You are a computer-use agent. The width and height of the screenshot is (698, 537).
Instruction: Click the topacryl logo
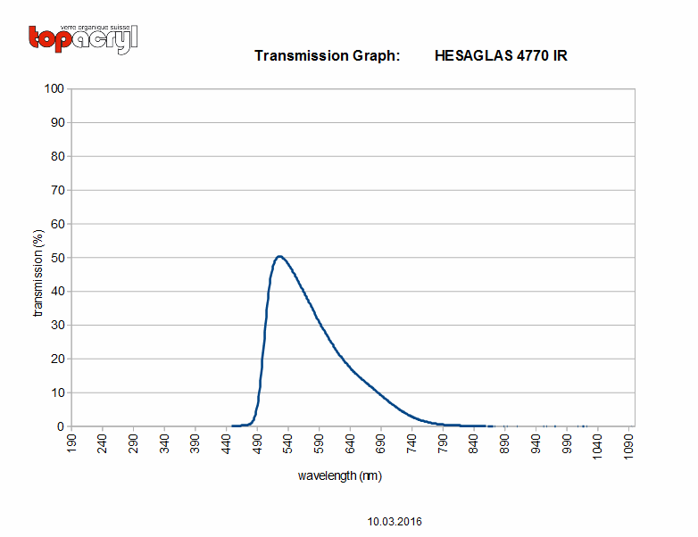point(83,39)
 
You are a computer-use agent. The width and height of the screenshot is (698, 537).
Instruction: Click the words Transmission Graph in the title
point(328,56)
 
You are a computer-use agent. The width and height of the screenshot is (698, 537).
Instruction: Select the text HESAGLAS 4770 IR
point(501,55)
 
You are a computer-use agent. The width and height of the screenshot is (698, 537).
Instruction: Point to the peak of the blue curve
point(279,256)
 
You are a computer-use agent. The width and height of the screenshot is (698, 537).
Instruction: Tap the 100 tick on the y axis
point(54,88)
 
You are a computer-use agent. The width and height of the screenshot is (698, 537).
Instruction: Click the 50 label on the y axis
point(57,258)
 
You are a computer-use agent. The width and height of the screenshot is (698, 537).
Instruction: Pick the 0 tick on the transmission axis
point(61,426)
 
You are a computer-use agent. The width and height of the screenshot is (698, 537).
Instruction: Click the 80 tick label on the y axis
point(57,156)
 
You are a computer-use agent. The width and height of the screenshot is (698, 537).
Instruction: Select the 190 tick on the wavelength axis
point(71,444)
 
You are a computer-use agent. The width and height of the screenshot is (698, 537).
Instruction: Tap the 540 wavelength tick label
point(288,444)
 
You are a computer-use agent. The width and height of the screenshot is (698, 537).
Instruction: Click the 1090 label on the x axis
point(628,447)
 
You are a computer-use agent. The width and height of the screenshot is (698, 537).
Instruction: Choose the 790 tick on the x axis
point(443,444)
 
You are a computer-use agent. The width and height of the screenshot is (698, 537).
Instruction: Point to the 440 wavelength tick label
point(226,444)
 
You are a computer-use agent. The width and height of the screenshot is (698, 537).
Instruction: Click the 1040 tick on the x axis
point(597,447)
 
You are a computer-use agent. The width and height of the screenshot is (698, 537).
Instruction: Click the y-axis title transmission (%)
point(38,273)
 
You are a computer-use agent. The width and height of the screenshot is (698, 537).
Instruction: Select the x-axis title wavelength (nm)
point(340,476)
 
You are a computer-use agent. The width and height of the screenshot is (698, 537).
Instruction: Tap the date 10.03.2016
point(395,522)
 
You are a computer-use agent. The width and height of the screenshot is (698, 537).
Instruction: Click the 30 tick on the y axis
point(57,326)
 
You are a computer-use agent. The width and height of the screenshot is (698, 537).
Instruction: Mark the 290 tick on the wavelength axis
point(134,444)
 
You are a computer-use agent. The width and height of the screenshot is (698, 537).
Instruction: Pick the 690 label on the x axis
point(381,444)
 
